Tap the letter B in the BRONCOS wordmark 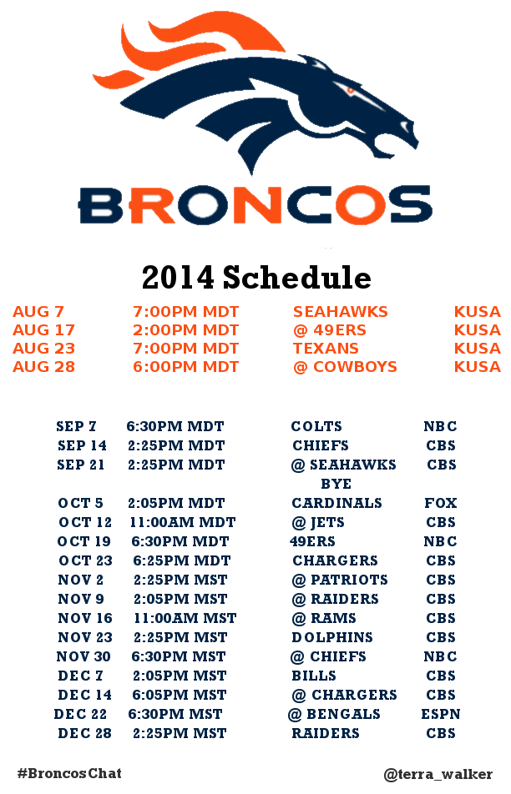pos(101,205)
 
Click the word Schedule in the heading pos(297,278)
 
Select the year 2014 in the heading pos(178,278)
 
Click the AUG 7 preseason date pos(38,312)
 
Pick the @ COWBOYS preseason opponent pos(345,367)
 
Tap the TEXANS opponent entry pos(326,349)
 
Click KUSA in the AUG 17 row pos(477,330)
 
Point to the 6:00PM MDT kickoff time pos(185,367)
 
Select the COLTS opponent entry pos(316,426)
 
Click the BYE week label pos(336,484)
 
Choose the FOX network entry pos(441,504)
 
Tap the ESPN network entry pos(441,714)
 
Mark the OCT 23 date pos(85,561)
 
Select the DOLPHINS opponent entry pos(332,637)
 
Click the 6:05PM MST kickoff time pos(180,695)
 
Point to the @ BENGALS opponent pos(334,714)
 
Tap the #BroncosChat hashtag pos(69,773)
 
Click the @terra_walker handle pos(438,774)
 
